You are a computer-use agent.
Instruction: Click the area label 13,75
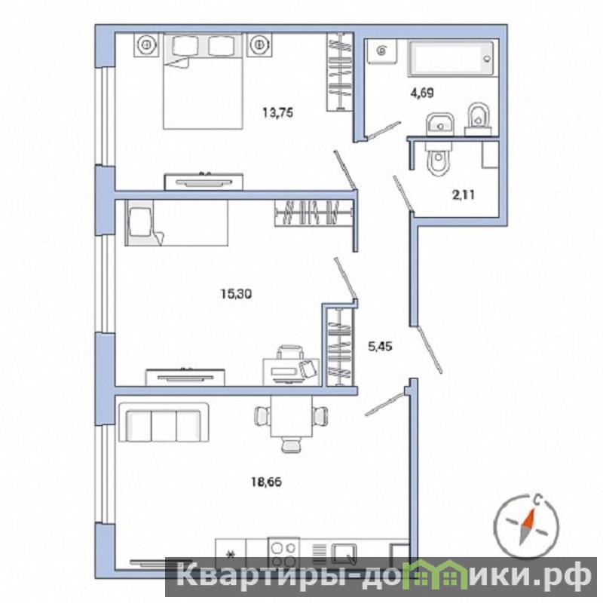coord(277,112)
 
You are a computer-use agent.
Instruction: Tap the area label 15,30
coord(236,294)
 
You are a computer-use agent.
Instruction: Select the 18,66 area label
coord(267,482)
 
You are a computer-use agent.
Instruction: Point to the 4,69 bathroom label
coord(423,93)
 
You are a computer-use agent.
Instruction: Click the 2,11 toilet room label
coord(463,195)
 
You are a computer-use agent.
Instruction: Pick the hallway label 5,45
coord(380,347)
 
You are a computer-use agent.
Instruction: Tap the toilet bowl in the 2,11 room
coord(439,159)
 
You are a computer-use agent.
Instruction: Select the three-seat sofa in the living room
coord(164,422)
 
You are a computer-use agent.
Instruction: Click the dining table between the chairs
coord(292,416)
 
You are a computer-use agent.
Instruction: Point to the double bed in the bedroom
coord(203,81)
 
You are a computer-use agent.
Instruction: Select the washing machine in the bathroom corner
coord(381,51)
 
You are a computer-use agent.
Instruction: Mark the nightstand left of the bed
coord(146,44)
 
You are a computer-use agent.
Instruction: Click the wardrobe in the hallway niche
coord(340,347)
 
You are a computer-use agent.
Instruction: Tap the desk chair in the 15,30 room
coord(291,352)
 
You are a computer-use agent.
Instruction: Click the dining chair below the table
coord(291,444)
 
